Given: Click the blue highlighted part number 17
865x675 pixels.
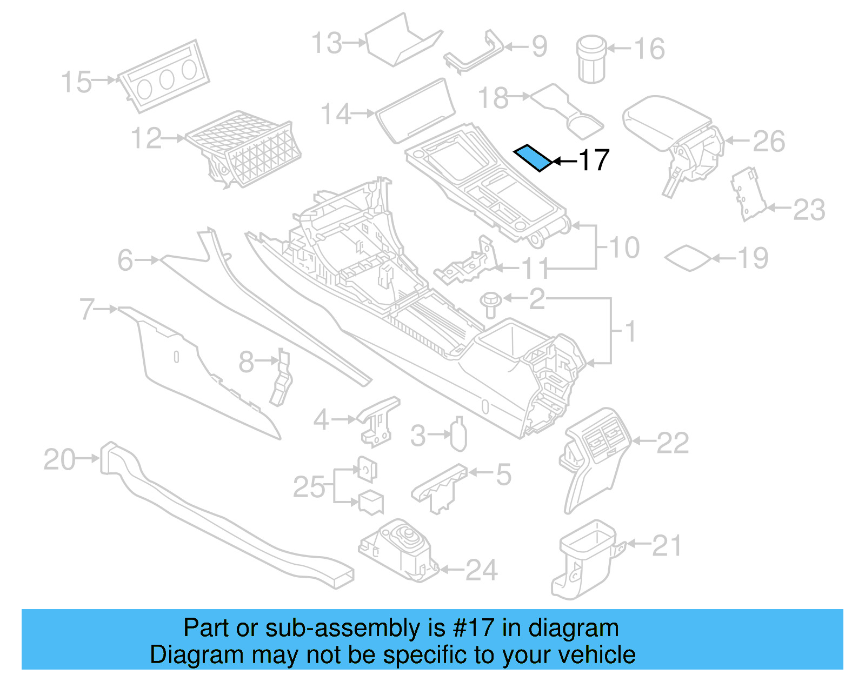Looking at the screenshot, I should click(533, 158).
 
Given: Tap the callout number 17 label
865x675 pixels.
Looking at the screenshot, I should click(594, 161).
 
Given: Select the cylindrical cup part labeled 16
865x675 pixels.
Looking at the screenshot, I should click(591, 59).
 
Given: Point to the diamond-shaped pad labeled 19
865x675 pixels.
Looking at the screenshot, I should click(688, 258).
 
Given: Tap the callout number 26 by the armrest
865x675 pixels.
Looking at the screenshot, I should click(768, 141).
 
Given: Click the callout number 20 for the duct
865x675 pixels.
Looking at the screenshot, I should click(59, 460).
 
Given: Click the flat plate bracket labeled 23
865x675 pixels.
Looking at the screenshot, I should click(748, 195).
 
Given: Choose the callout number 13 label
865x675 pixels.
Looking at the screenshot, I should click(327, 43).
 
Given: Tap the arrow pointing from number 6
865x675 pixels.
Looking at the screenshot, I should click(147, 260).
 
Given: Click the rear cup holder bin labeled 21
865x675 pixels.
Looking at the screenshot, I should click(584, 559).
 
